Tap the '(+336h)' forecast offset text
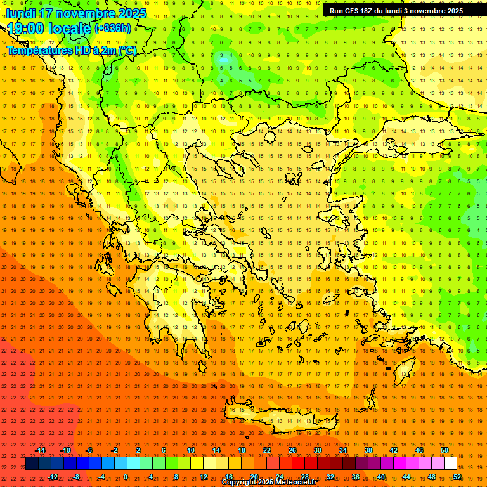pos(113,28)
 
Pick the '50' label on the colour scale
pos(444,450)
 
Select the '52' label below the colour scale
pos(457,476)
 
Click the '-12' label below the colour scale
pos(53,476)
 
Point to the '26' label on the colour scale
pos(292,450)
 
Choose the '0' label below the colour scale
pos(126,476)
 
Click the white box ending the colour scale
pos(450,464)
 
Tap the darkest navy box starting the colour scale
pos(32,464)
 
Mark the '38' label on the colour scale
pos(368,450)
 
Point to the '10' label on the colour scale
pos(190,450)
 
